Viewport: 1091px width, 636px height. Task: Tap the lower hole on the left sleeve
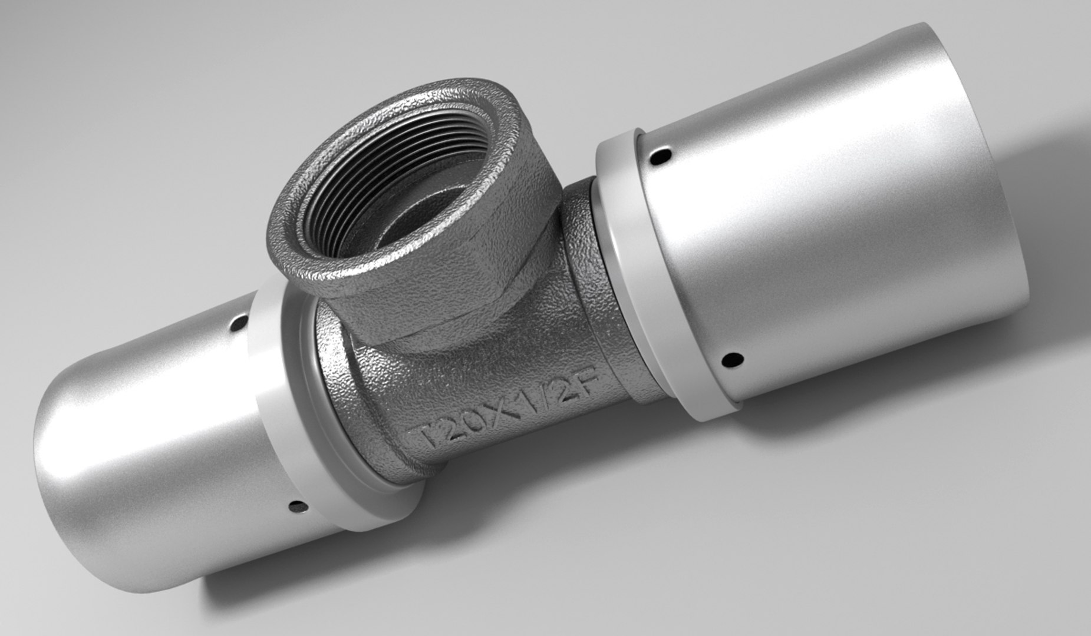(298, 505)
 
